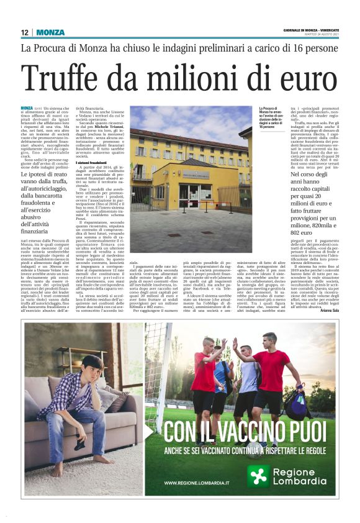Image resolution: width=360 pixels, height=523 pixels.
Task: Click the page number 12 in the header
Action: coord(24,32)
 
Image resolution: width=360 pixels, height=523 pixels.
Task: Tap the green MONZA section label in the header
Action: coord(50,32)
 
